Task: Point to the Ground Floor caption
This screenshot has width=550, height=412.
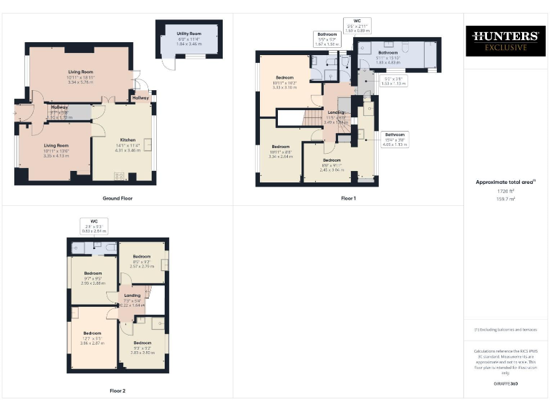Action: (117, 198)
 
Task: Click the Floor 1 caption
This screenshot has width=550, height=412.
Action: (348, 197)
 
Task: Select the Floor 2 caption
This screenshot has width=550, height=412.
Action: (117, 391)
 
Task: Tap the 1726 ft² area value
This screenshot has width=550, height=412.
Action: (506, 191)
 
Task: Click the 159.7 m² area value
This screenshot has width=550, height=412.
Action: (506, 199)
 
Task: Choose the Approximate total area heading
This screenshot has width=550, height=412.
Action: (506, 182)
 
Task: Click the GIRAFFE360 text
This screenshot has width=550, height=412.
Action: (506, 384)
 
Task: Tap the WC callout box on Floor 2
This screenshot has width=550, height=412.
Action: (93, 226)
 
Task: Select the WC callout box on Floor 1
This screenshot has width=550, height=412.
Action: (357, 26)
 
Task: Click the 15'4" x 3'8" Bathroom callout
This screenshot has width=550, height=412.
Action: (395, 139)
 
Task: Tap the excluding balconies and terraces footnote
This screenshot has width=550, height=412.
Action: (506, 329)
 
